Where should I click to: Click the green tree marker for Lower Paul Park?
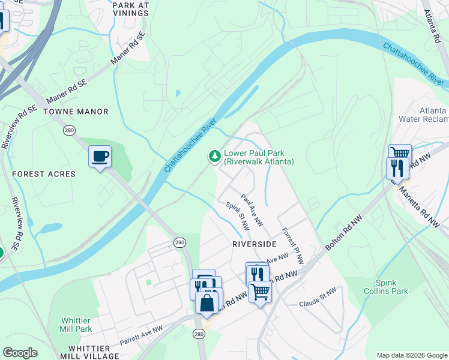click(x=214, y=157)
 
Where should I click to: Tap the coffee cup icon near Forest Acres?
click(x=100, y=157)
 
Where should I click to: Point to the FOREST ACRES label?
click(x=44, y=174)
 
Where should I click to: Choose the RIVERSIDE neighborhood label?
click(x=254, y=244)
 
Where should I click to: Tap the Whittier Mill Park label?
click(x=76, y=325)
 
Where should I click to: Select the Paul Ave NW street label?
click(x=252, y=210)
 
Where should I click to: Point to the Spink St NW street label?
click(x=237, y=216)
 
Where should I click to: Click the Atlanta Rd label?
click(x=431, y=26)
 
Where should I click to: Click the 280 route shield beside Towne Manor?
click(x=69, y=130)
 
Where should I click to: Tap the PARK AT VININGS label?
click(x=130, y=8)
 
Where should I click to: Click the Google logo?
click(x=20, y=353)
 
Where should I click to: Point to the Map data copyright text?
click(x=411, y=355)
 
